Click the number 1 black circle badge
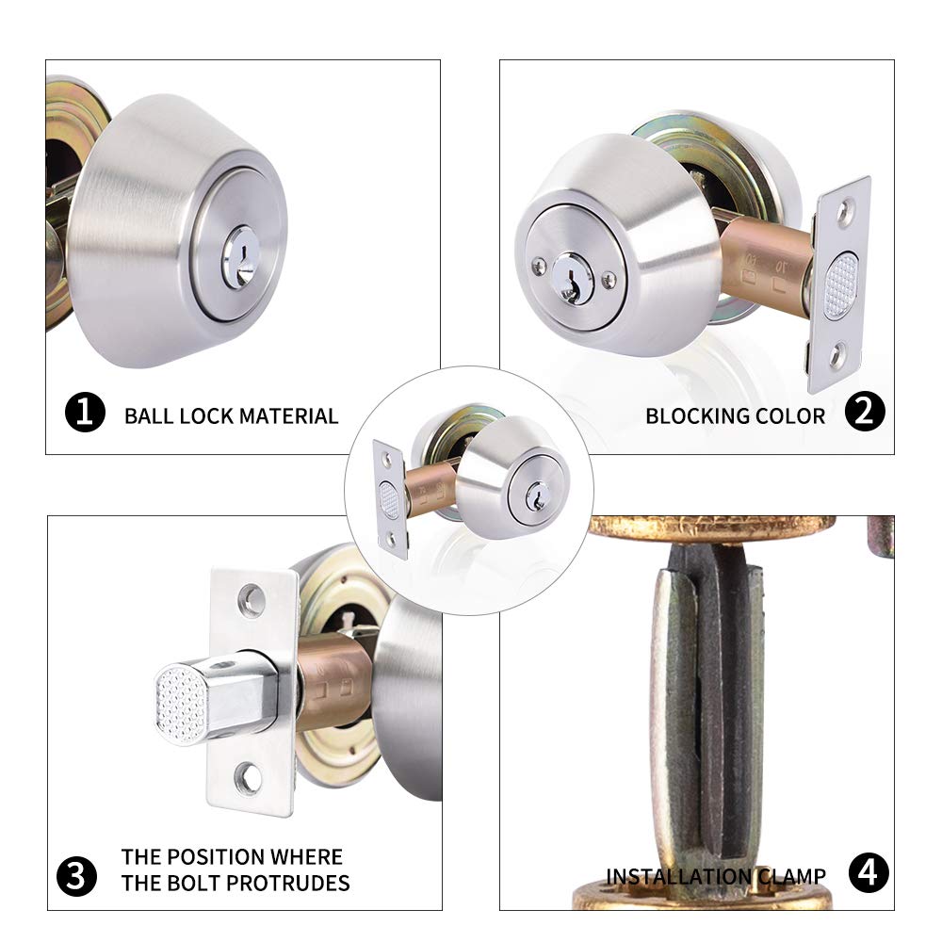click(85, 414)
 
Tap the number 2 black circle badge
click(864, 414)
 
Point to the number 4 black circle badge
click(868, 873)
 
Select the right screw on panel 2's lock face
click(609, 279)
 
